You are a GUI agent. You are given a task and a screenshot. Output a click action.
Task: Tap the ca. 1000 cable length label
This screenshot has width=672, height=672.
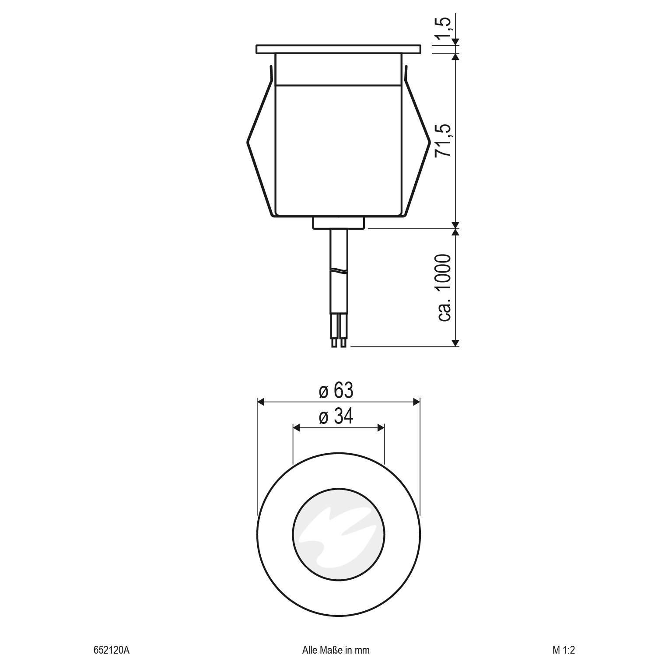coord(444,287)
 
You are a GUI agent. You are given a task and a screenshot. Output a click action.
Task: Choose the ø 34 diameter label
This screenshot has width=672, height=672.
coord(336,417)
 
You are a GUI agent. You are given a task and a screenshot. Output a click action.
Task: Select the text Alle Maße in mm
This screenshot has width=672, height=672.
coord(336,650)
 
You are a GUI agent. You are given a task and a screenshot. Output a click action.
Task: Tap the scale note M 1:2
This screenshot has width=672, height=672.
coord(563,650)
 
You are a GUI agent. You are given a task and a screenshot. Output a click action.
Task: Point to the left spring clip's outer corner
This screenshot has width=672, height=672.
coord(248,141)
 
